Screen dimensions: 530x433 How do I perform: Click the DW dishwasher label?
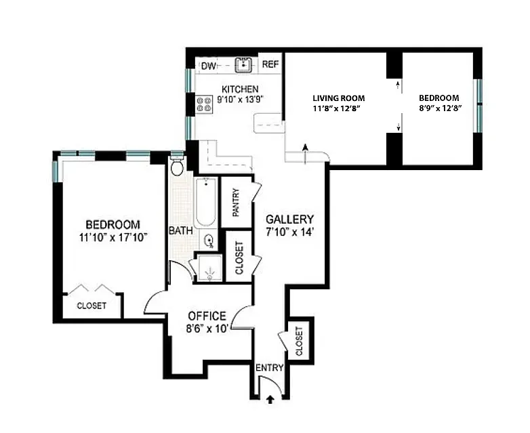(208, 66)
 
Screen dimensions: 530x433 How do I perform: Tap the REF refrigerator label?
(270, 64)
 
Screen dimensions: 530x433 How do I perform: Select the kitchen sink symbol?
(243, 64)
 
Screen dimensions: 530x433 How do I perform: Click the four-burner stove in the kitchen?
(204, 104)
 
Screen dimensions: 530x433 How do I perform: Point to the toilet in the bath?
(177, 166)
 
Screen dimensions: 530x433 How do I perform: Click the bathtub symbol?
(205, 202)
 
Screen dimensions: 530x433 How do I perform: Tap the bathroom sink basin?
(209, 241)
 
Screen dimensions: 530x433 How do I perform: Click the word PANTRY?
(236, 203)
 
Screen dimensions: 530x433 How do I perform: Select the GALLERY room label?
(289, 220)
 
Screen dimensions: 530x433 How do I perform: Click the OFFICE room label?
(207, 316)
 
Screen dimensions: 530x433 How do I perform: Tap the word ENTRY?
(269, 367)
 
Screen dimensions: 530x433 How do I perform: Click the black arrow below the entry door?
(270, 400)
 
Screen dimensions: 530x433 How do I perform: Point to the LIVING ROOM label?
(339, 98)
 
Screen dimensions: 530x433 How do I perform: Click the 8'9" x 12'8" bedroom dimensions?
(441, 108)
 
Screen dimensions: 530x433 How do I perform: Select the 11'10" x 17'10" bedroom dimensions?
(113, 237)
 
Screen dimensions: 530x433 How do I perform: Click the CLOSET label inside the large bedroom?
(91, 306)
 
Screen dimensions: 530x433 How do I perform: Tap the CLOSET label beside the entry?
(299, 341)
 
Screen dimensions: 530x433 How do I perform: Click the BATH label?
(181, 231)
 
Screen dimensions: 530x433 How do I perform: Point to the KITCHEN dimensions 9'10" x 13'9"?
(240, 100)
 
